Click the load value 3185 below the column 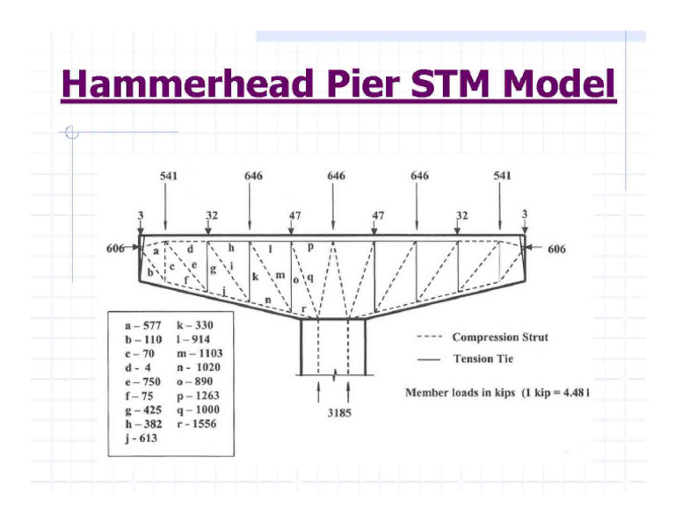(334, 412)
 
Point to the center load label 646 (335, 176)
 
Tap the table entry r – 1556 (197, 424)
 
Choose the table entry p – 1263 (197, 395)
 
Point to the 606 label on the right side (555, 250)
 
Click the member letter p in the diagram (309, 239)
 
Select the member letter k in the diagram (255, 277)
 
